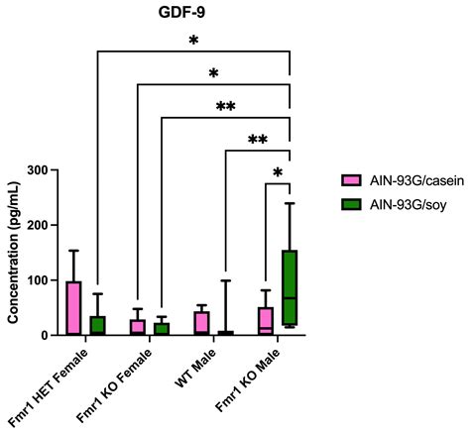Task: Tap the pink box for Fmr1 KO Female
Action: tap(137, 327)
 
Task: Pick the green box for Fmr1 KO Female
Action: tap(162, 329)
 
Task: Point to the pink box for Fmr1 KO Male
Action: tap(266, 321)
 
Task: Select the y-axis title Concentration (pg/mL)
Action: tap(14, 254)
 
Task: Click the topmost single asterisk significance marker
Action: tap(193, 43)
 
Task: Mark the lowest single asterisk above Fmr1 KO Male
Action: tap(279, 174)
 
